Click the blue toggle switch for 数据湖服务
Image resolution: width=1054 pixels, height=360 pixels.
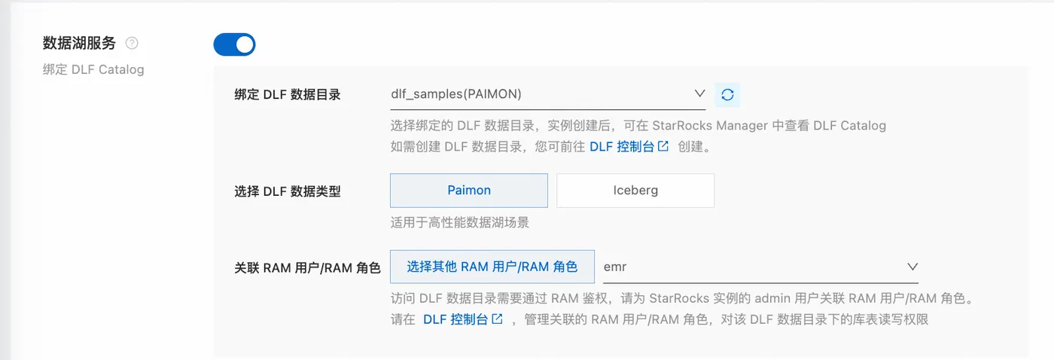pyautogui.click(x=234, y=44)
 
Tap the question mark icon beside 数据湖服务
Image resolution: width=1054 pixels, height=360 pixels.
pyautogui.click(x=132, y=43)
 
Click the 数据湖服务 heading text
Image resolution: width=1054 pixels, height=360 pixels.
pyautogui.click(x=79, y=43)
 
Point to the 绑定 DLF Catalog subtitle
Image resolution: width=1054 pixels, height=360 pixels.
pyautogui.click(x=93, y=69)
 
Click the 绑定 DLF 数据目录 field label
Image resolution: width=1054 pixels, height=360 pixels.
pyautogui.click(x=288, y=95)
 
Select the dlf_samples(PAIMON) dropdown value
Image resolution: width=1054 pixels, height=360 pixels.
pyautogui.click(x=456, y=94)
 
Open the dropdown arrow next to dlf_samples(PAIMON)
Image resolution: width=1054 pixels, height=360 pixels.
pyautogui.click(x=699, y=94)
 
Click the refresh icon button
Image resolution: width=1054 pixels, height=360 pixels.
pyautogui.click(x=727, y=95)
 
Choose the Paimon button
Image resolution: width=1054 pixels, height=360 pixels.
pyautogui.click(x=469, y=191)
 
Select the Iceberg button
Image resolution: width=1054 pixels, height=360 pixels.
pyautogui.click(x=635, y=191)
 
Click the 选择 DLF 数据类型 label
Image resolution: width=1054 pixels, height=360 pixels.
pyautogui.click(x=288, y=191)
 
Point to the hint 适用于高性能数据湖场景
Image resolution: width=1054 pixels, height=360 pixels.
pyautogui.click(x=459, y=222)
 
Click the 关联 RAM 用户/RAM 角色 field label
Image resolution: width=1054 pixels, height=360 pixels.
pyautogui.click(x=308, y=267)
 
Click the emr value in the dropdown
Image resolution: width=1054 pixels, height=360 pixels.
pyautogui.click(x=615, y=267)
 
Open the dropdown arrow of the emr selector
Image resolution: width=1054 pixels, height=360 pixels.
pyautogui.click(x=912, y=267)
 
